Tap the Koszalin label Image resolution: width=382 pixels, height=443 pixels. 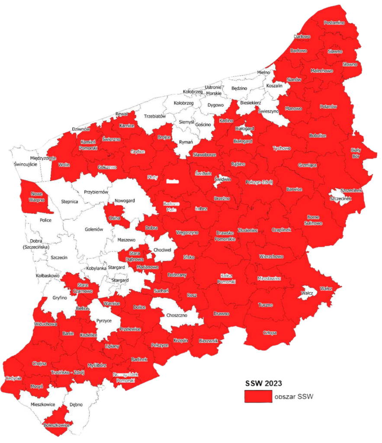coord(274,86)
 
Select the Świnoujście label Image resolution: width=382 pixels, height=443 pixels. coord(24,164)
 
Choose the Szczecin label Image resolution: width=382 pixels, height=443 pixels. coord(59,257)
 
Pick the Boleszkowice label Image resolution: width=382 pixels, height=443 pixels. coord(57,426)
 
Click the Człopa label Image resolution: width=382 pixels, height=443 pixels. coord(270,333)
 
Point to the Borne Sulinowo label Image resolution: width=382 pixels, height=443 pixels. coord(314,220)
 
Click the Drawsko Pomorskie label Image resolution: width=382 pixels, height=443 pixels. coord(225,236)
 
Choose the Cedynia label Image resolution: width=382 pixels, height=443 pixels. coord(13,378)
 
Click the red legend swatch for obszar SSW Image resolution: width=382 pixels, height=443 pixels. coord(258,396)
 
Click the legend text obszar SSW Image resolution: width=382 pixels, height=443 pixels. coord(293,397)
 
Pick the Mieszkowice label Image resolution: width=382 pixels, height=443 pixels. coord(43,404)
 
